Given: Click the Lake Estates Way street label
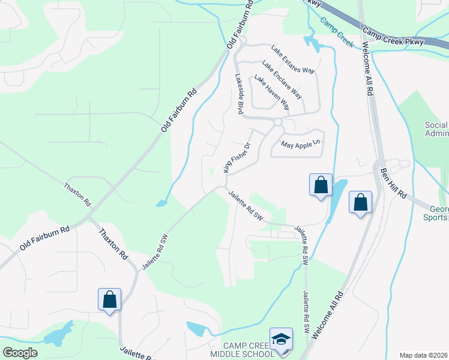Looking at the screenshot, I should click(292, 59).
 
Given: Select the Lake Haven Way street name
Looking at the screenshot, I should click(271, 92).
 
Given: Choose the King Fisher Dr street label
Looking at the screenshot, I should click(236, 158).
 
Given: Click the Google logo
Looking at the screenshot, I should click(20, 353).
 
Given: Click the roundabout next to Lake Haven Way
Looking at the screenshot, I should click(277, 122).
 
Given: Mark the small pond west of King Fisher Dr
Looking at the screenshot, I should click(161, 203).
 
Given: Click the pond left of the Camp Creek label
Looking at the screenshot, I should click(311, 41).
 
